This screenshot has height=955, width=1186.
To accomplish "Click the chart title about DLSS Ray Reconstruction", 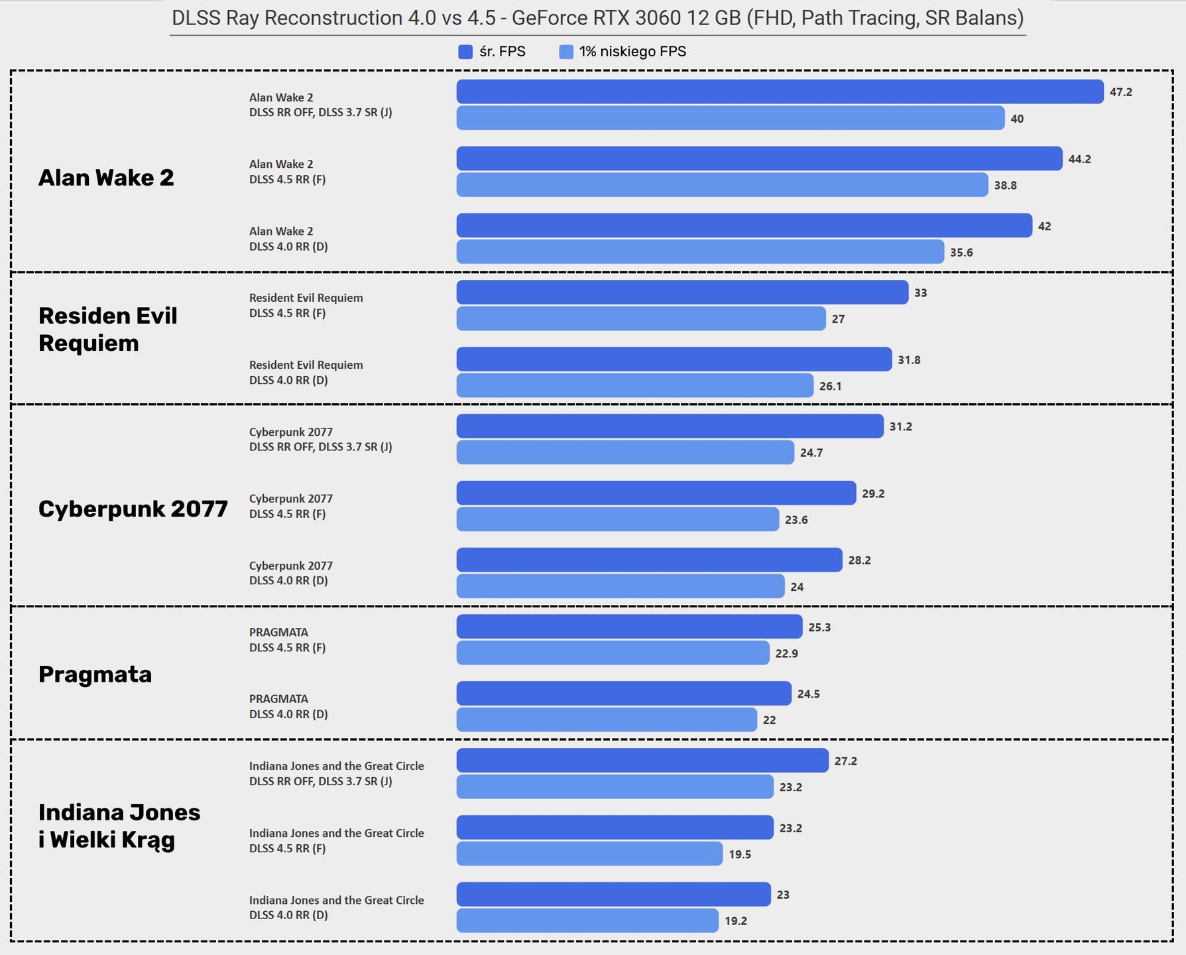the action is click(597, 18).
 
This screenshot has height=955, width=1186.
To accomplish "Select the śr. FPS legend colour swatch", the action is click(465, 52).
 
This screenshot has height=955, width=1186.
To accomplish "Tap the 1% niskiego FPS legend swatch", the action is click(566, 52).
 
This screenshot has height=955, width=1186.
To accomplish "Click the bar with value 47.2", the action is click(780, 92).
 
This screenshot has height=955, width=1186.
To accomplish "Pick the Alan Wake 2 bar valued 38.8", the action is click(723, 185).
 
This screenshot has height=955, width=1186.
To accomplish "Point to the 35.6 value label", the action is click(961, 253).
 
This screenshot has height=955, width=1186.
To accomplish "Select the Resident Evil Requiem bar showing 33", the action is click(683, 292).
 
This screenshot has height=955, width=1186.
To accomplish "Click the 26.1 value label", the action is click(831, 386).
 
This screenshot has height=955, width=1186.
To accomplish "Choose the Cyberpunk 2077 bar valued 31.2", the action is click(670, 426).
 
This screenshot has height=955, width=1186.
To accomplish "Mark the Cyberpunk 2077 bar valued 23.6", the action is click(618, 519).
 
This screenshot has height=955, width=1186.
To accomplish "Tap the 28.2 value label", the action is click(860, 560).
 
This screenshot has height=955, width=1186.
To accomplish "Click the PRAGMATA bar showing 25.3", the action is click(630, 627).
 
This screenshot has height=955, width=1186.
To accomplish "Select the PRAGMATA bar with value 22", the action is click(607, 720).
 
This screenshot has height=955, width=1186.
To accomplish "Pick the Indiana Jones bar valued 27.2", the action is click(643, 761).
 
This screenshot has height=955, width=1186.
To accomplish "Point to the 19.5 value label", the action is click(740, 854).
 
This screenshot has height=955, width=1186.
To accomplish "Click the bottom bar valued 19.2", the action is click(588, 921).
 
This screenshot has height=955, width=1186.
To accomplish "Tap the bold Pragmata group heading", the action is click(95, 674).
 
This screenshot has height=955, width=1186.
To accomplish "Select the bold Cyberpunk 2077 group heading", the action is click(133, 509).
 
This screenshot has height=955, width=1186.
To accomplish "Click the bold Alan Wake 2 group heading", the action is click(106, 178).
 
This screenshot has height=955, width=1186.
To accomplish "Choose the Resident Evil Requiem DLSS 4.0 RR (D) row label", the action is click(306, 372).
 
